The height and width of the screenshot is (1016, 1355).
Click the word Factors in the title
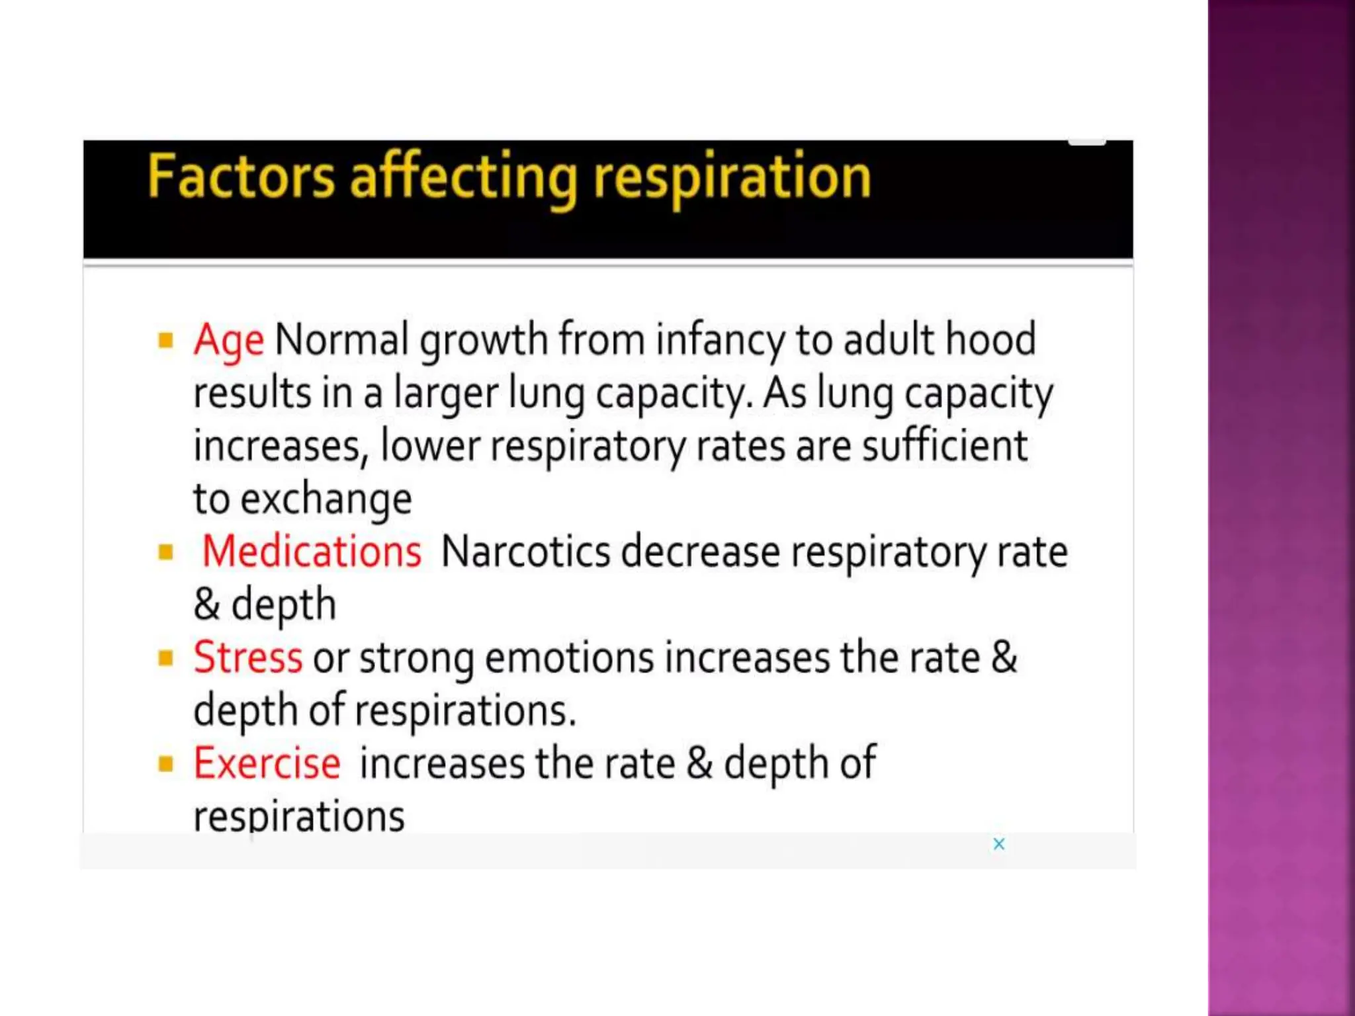coord(241,177)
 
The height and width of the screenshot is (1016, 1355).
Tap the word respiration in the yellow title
coord(732,177)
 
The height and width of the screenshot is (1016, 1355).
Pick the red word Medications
coord(311,551)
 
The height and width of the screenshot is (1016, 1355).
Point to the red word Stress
coord(247,657)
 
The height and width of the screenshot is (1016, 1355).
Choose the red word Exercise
coord(267,763)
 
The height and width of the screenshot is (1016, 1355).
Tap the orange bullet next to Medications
coord(166,552)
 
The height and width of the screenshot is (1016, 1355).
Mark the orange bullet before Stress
coord(166,658)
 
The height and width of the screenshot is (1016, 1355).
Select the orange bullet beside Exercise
coord(166,764)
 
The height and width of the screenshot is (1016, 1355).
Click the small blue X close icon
coord(999,844)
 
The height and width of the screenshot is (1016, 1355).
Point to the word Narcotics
coord(525,551)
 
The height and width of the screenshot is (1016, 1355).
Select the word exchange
coord(326,499)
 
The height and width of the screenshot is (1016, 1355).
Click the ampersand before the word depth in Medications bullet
coord(207,604)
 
